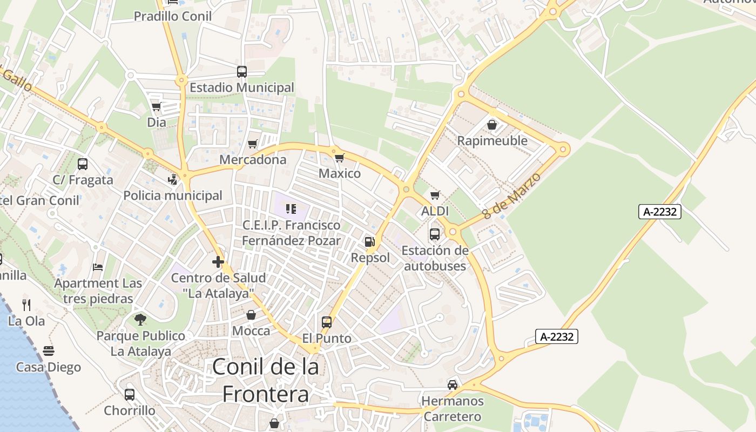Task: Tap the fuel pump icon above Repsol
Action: click(x=370, y=242)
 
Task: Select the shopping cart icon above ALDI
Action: click(x=435, y=195)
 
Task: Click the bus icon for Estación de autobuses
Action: click(x=435, y=234)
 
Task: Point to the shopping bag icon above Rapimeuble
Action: click(x=492, y=125)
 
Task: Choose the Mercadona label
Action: click(x=253, y=160)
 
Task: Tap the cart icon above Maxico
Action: click(x=339, y=158)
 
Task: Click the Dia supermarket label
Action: click(x=157, y=123)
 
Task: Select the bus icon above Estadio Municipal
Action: click(x=242, y=71)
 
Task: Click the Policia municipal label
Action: click(x=173, y=195)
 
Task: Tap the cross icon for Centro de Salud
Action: click(x=218, y=262)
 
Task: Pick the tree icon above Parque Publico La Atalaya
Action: click(x=140, y=319)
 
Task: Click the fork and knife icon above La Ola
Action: click(x=26, y=305)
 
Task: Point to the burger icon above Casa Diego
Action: click(x=49, y=351)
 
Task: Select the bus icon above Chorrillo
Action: click(x=130, y=394)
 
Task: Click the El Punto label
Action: click(x=327, y=339)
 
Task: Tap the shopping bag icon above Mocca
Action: click(x=251, y=314)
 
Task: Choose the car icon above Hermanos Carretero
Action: click(x=453, y=385)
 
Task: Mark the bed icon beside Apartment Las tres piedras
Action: click(x=98, y=267)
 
